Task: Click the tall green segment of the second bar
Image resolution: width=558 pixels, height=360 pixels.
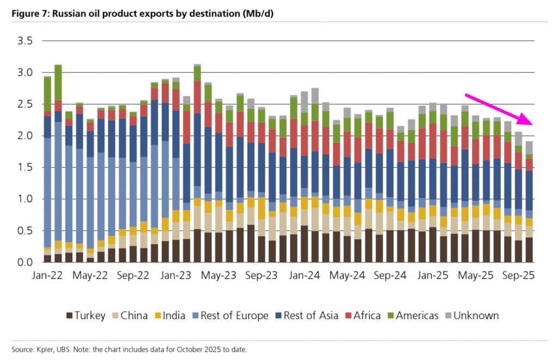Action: [58, 82]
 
